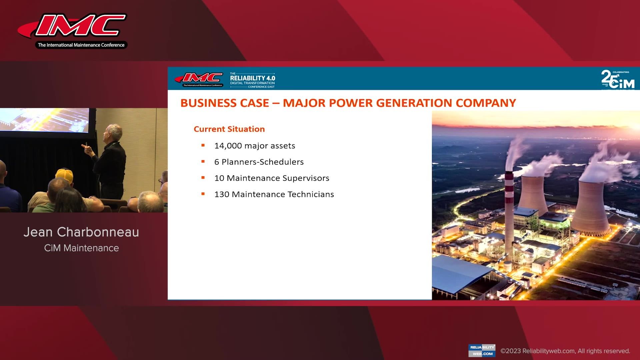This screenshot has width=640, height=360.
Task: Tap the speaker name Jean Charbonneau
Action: pos(81,232)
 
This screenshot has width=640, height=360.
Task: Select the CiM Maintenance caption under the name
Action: pos(81,248)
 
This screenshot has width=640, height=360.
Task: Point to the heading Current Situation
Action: pos(229,129)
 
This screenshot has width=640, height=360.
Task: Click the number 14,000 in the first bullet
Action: pos(228,146)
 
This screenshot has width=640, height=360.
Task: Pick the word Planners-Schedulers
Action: pos(263,162)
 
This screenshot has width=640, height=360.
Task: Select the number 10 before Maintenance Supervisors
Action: pos(219,178)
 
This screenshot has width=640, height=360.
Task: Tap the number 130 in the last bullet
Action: pos(222,194)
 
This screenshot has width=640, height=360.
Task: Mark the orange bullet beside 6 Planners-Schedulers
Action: pos(203,162)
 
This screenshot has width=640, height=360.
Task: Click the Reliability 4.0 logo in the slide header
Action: pos(252,80)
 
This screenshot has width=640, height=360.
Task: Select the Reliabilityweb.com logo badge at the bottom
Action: pos(482,350)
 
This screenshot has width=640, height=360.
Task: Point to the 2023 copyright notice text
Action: pos(565,351)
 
